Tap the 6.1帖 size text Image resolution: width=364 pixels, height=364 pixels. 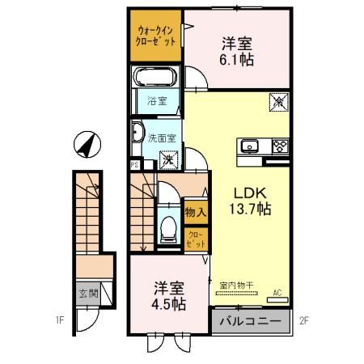coord(235,60)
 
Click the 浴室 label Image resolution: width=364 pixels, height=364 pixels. coord(157,101)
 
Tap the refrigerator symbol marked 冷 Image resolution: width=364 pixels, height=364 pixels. coord(276,103)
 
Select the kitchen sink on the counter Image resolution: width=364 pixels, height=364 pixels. coord(248,146)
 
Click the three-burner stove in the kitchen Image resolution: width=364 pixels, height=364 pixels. coord(279,146)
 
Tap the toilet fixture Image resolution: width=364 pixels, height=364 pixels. coord(168,229)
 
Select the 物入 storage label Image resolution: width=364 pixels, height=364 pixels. coord(196,212)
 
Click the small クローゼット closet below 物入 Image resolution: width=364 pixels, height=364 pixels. coord(197,239)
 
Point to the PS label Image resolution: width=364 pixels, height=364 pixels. coord(133,165)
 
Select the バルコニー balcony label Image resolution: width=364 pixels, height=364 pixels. coord(251,322)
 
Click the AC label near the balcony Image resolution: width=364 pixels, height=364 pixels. coord(277,292)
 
